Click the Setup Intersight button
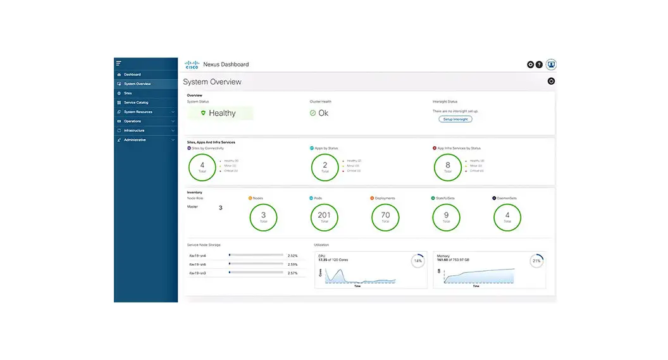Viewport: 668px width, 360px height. (x=455, y=119)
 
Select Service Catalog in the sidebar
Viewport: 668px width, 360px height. (x=135, y=102)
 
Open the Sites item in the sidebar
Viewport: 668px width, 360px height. (x=128, y=93)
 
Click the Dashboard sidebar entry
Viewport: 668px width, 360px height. (x=132, y=75)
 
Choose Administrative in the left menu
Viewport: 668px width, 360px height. (x=134, y=140)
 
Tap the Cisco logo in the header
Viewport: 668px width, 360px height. (x=192, y=65)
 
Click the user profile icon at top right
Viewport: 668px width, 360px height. (x=551, y=65)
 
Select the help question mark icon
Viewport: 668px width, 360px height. (x=539, y=65)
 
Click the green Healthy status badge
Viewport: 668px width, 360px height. (x=220, y=113)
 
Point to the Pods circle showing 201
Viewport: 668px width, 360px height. (x=325, y=217)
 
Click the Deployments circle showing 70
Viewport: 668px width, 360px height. (x=385, y=217)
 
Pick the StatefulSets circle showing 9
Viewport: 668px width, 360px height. (x=446, y=217)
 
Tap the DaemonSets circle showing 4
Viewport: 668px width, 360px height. (x=507, y=217)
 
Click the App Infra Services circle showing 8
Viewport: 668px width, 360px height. (x=447, y=167)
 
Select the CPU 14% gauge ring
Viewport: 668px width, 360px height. (x=417, y=261)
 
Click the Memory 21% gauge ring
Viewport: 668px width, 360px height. (x=536, y=261)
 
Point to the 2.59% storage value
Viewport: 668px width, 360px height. (x=292, y=264)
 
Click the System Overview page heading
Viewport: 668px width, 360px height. (x=212, y=82)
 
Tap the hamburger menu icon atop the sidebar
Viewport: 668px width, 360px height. (x=118, y=63)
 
